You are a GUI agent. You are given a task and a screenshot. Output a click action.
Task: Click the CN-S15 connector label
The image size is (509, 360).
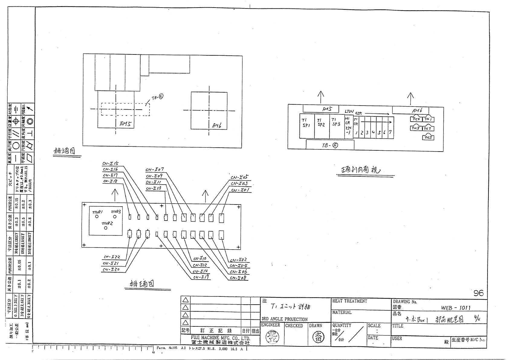tap(111, 164)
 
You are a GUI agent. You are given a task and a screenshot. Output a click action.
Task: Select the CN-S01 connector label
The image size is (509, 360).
tap(240, 190)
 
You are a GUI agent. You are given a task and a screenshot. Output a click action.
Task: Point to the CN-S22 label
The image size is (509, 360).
tap(112, 257)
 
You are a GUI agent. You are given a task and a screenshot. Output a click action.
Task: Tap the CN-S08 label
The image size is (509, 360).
tap(238, 278)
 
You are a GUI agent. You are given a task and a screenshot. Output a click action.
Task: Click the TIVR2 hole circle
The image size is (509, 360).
tap(105, 228)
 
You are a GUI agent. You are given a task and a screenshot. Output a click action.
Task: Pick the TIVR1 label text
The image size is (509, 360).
tap(98, 212)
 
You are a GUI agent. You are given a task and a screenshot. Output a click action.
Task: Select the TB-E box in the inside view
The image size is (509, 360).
tap(330, 145)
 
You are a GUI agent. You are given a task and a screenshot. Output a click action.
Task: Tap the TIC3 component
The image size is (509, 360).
tap(428, 138)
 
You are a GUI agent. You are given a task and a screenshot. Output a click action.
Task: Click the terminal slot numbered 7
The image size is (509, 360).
tap(390, 132)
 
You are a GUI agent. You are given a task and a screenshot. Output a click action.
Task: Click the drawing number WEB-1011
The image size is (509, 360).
tap(456, 308)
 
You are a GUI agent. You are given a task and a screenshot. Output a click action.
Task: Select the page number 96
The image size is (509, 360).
tap(478, 293)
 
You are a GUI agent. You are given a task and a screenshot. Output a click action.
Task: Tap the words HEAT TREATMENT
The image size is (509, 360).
tap(349, 301)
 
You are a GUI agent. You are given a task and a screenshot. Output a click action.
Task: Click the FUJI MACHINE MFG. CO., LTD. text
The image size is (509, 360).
tap(220, 338)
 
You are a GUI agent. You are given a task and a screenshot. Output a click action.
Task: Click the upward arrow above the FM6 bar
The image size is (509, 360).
tap(410, 99)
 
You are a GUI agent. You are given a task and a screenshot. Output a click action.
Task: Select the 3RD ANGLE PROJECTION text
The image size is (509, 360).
tap(284, 319)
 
